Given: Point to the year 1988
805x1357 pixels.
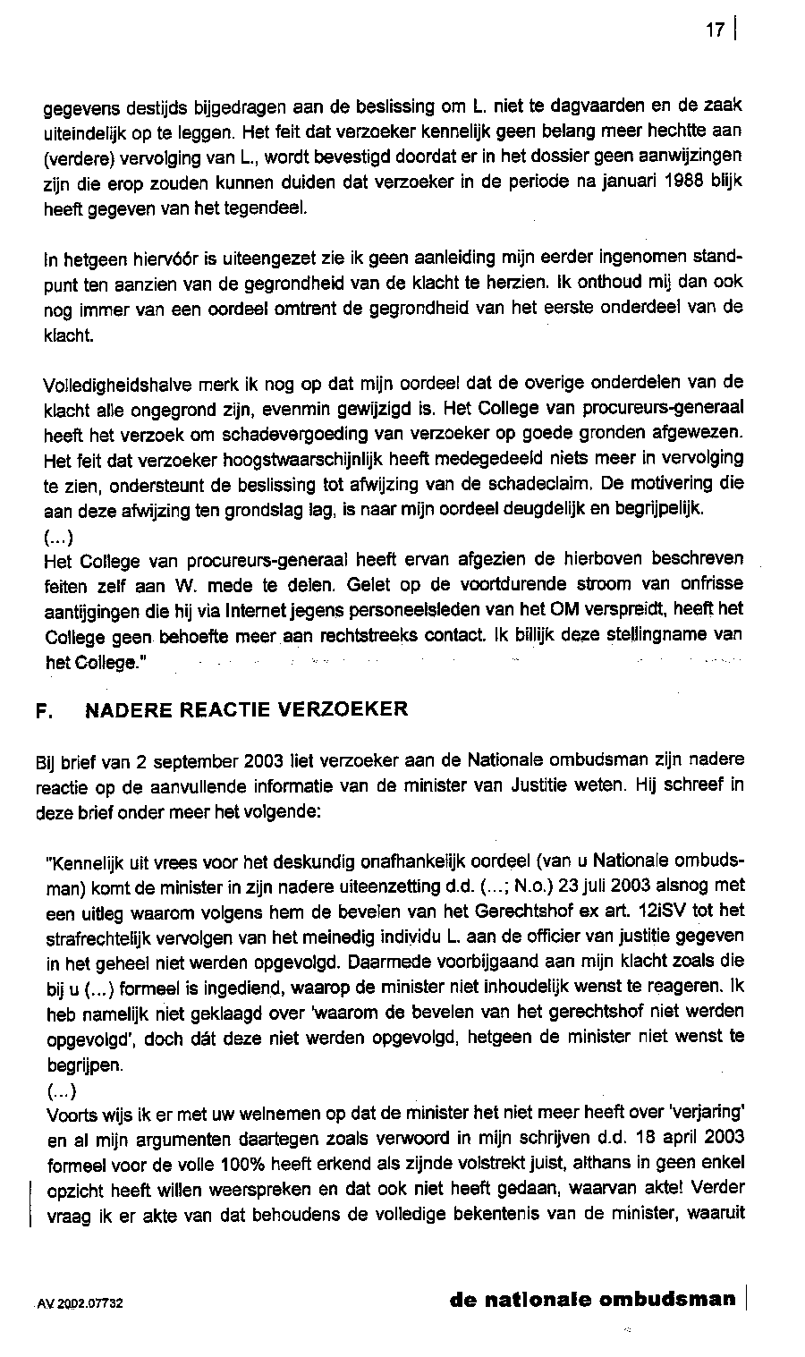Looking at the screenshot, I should pyautogui.click(x=689, y=182).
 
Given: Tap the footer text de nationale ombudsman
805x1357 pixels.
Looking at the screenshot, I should pyautogui.click(x=592, y=1300).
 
